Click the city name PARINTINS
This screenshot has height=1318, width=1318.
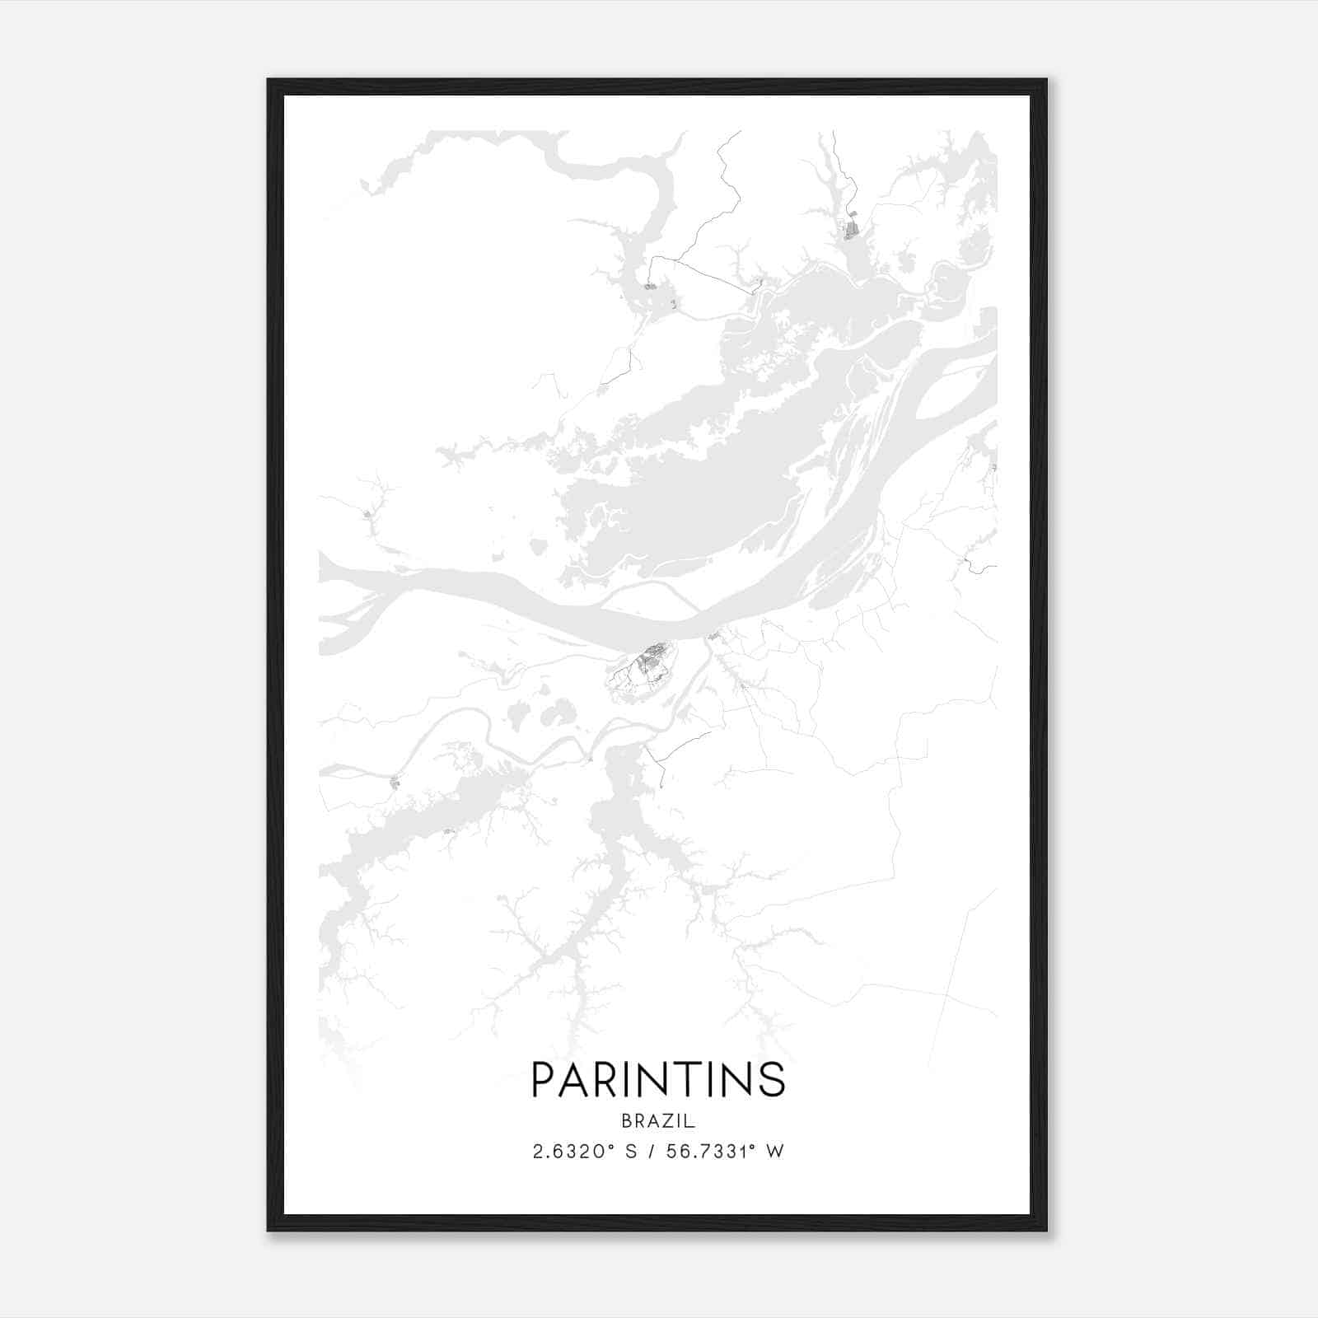point(658,1080)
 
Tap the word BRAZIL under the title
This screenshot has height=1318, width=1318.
point(658,1121)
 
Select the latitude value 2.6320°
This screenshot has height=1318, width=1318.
point(575,1152)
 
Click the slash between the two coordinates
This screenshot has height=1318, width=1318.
point(651,1152)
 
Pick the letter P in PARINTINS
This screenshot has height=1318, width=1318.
point(544,1080)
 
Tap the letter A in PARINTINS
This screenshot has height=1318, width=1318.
point(576,1080)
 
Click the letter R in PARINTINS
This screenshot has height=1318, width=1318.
point(610,1080)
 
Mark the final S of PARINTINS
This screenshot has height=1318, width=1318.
point(773,1080)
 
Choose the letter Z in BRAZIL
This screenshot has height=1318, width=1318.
point(665,1121)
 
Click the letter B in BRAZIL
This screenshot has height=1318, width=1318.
point(627,1121)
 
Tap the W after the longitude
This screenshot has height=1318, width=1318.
point(774,1152)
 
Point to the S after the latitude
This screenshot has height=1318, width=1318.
point(631,1152)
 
